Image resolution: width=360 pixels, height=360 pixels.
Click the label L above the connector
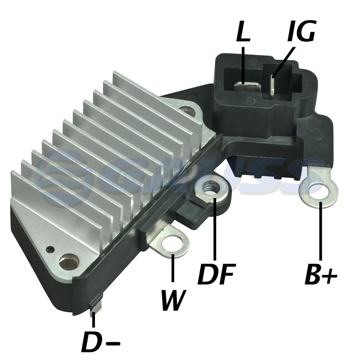[243, 31]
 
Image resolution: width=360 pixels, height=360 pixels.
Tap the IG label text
[301, 31]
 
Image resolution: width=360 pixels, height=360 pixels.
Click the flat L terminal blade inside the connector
[247, 87]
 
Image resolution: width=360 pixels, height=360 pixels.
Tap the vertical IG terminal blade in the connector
[272, 85]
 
